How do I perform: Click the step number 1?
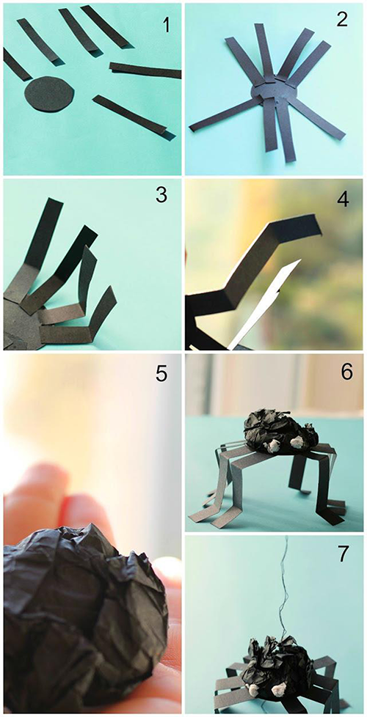(166, 25)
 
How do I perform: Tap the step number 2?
(343, 20)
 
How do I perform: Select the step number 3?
(162, 195)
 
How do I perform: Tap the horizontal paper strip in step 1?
(145, 70)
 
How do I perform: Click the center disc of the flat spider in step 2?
(274, 89)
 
